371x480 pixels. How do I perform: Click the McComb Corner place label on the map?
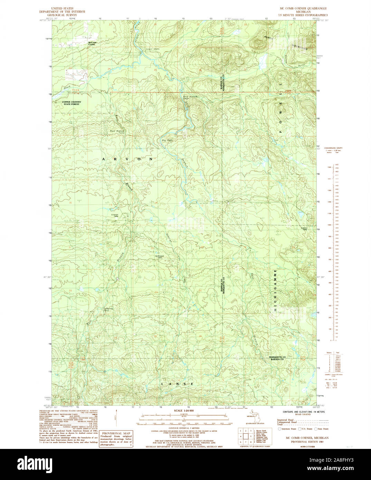[x=92, y=43]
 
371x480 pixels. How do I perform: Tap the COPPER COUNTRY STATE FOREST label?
[x=71, y=103]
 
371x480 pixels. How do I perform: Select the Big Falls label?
[x=167, y=140]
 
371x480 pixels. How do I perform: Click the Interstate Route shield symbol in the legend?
[x=279, y=429]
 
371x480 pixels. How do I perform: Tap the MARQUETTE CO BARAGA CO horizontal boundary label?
[x=278, y=358]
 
